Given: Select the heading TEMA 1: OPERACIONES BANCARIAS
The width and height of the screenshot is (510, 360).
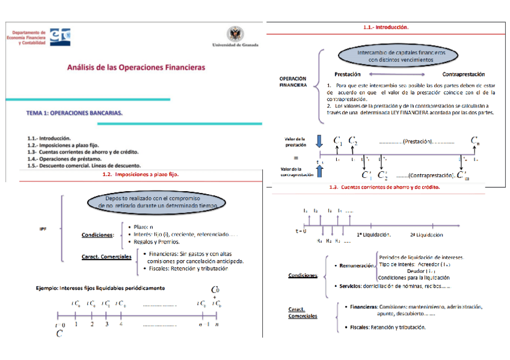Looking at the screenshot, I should pyautogui.click(x=75, y=112).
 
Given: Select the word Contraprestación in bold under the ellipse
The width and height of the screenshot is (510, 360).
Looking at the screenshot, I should pyautogui.click(x=463, y=74).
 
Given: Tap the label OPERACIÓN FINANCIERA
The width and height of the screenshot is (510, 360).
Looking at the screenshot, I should pyautogui.click(x=293, y=82).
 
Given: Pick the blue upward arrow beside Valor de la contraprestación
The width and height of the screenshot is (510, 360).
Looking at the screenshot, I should pyautogui.click(x=319, y=171).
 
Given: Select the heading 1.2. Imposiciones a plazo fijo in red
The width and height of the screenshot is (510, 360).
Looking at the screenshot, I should pyautogui.click(x=141, y=174).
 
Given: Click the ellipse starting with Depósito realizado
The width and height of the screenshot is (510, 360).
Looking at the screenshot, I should pyautogui.click(x=156, y=201).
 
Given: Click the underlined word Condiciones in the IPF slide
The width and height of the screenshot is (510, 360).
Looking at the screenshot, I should pyautogui.click(x=97, y=235).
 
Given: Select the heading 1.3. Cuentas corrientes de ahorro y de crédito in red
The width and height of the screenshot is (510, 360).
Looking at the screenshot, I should pyautogui.click(x=385, y=187).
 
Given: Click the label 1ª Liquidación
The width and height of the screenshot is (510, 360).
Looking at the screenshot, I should pyautogui.click(x=374, y=234).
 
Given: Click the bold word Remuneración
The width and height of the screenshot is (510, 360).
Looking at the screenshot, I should pyautogui.click(x=357, y=265).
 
